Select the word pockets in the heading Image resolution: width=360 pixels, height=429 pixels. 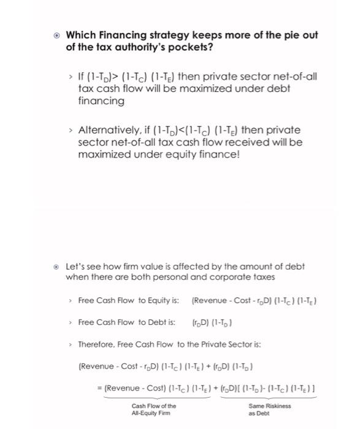(x=201, y=47)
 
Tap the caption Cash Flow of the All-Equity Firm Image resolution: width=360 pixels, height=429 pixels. (x=153, y=409)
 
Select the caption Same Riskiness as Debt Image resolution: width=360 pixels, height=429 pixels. (x=270, y=409)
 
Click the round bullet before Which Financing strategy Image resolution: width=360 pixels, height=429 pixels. (x=56, y=35)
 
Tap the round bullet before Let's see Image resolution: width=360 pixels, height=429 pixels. (x=57, y=267)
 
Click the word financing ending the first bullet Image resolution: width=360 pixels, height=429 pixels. (x=101, y=101)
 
